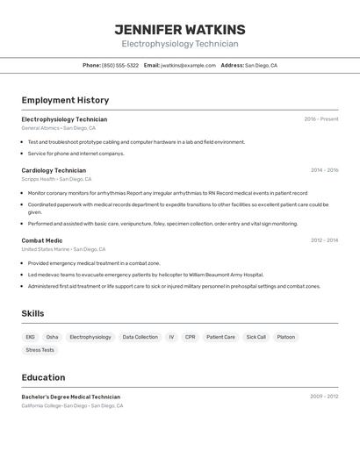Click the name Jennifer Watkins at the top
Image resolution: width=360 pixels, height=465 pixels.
coord(180,30)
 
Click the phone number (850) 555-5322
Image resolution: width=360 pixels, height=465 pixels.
coord(119,65)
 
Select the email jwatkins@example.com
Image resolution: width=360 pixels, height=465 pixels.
coord(188,65)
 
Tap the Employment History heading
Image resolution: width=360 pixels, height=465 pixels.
coord(65,100)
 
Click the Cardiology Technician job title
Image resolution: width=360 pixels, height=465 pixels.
coord(54,170)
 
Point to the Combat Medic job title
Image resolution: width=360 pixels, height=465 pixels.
coord(42,240)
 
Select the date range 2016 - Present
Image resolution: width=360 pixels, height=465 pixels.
coord(320,119)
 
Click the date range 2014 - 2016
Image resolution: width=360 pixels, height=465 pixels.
coord(324,170)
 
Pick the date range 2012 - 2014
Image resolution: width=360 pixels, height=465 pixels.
coord(324,240)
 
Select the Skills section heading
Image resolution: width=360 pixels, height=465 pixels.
coord(32,313)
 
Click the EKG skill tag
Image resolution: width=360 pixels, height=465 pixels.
coord(30,337)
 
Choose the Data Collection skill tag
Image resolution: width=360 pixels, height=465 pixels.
coord(140,337)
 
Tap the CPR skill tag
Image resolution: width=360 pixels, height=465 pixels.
coord(190,337)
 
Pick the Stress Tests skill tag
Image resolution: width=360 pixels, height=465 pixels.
coord(40,350)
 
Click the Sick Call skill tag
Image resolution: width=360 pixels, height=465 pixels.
coord(256,337)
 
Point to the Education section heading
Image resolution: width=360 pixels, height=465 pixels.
coord(43,377)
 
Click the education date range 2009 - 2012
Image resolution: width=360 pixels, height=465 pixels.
coord(324,397)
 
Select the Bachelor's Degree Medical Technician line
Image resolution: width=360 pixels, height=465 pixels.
coord(71,397)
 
